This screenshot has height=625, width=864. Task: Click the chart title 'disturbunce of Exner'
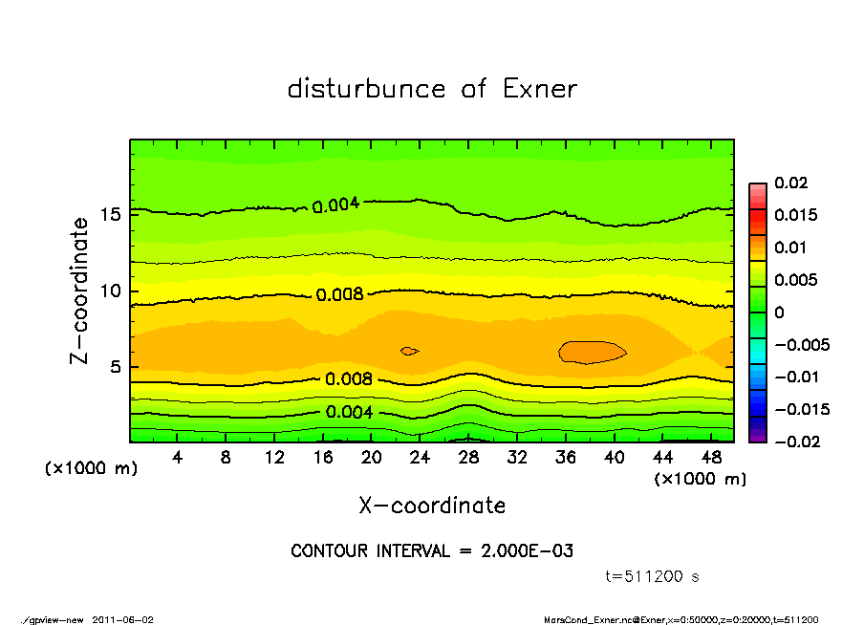[x=432, y=89]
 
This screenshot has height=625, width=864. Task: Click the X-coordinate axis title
[x=432, y=505]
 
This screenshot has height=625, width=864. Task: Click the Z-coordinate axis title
[x=80, y=290]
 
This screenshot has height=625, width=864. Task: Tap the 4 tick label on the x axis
[x=178, y=458]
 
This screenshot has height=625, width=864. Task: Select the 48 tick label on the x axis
[x=711, y=458]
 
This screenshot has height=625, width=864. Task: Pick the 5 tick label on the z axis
[x=117, y=367]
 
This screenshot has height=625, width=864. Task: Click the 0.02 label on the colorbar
[x=790, y=183]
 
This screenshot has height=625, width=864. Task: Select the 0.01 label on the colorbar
[x=790, y=248]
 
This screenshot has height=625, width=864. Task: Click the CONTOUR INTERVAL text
[x=432, y=551]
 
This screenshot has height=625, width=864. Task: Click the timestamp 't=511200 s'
[x=654, y=576]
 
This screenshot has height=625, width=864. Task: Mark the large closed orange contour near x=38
[x=593, y=352]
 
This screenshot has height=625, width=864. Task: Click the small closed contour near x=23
[x=409, y=351]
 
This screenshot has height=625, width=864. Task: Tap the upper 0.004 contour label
[x=335, y=204]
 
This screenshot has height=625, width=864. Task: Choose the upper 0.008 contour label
[x=340, y=294]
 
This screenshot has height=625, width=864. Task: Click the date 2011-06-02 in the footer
[x=123, y=619]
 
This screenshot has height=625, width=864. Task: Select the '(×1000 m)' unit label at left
[x=90, y=470]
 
